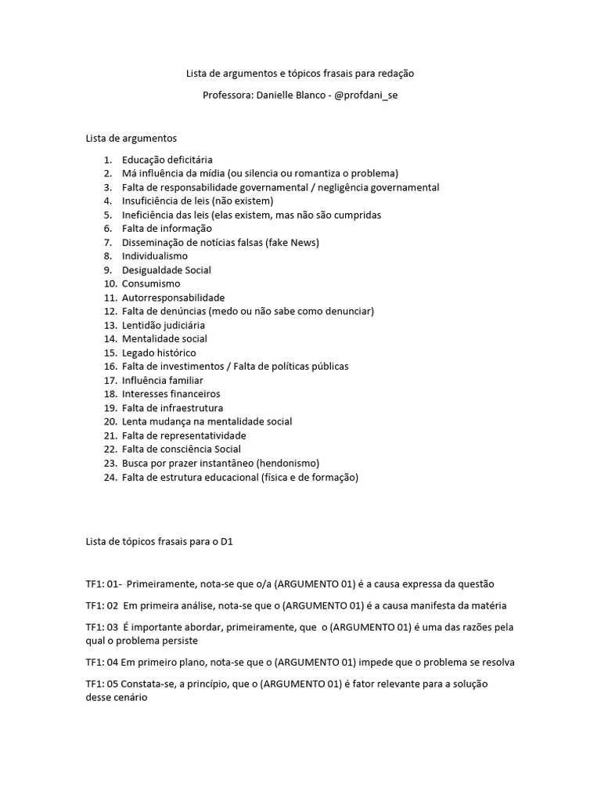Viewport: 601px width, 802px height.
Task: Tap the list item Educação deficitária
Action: [x=167, y=159]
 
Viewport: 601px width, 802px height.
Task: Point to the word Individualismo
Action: [x=155, y=256]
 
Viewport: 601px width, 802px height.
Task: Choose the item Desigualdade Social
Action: [x=167, y=270]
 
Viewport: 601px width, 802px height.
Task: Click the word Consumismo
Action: [x=151, y=284]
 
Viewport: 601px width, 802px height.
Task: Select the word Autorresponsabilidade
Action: [x=173, y=298]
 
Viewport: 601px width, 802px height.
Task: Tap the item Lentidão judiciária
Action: [x=164, y=325]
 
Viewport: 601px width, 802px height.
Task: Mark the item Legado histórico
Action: [x=159, y=352]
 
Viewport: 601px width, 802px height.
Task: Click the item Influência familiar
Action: [x=162, y=380]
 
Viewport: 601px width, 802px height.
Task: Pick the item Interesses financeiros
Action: [x=171, y=394]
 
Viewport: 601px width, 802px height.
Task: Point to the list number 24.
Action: [x=109, y=477]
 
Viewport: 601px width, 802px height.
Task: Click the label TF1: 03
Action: [x=102, y=627]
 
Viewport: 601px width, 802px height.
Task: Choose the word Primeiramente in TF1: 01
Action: [x=160, y=584]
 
